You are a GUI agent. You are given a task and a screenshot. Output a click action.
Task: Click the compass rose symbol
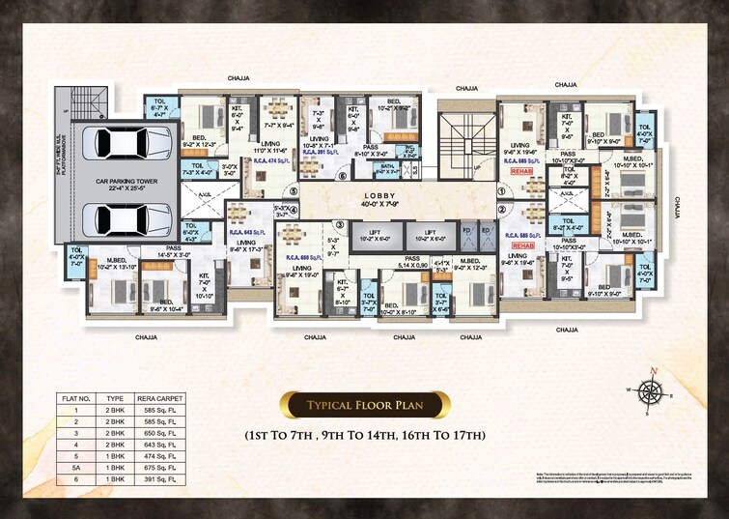tap(654, 389)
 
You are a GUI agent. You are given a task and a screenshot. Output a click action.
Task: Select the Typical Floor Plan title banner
tap(364, 405)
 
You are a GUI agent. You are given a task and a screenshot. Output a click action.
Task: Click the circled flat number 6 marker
tap(341, 177)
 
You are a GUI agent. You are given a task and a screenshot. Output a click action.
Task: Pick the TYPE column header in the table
tap(114, 396)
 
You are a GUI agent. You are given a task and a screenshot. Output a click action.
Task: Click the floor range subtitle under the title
tap(364, 436)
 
